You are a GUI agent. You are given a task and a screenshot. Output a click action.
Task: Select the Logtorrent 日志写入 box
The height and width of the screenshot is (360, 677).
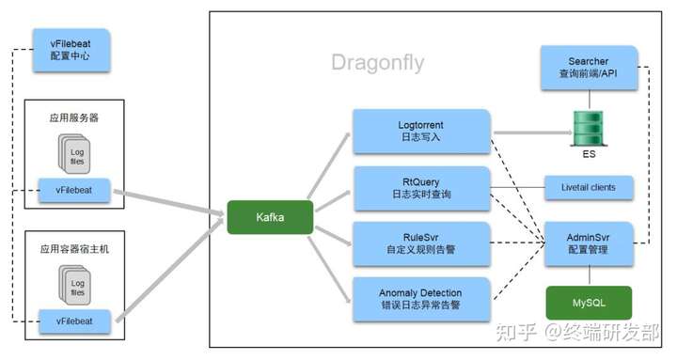tap(422, 131)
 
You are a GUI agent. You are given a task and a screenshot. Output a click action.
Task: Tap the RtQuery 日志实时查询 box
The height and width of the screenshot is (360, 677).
tap(422, 188)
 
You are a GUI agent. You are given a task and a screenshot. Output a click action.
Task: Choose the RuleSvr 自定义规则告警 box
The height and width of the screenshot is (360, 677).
tap(422, 243)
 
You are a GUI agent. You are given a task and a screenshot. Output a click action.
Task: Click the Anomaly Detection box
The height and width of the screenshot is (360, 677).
tap(422, 300)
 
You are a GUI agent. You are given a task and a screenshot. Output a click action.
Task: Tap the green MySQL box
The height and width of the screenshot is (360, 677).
tap(590, 303)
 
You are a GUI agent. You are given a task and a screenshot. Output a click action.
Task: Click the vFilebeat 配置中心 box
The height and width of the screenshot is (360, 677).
tap(71, 50)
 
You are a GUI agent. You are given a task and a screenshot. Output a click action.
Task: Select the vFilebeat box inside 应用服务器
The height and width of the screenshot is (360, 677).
tap(73, 189)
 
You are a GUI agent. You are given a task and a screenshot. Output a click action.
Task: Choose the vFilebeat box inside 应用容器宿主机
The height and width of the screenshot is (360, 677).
tap(73, 320)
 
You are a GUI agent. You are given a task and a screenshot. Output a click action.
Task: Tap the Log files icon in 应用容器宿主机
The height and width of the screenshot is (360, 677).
tap(76, 283)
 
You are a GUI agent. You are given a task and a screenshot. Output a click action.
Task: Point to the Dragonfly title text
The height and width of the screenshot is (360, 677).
tap(377, 63)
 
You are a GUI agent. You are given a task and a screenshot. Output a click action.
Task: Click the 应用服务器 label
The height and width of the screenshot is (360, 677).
tap(73, 118)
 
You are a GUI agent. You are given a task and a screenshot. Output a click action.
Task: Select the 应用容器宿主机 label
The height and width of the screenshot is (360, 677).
tap(73, 248)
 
